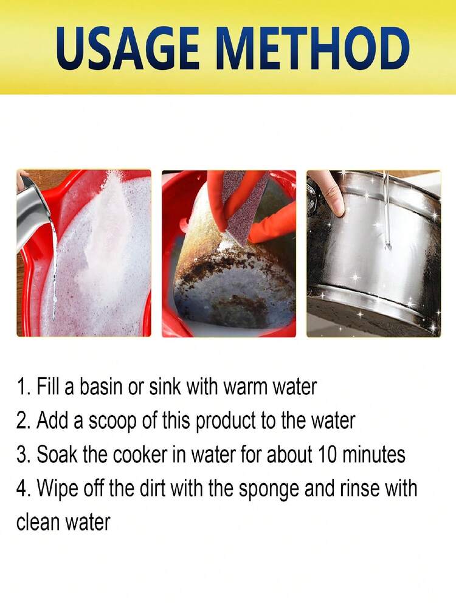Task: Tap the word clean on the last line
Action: [x=37, y=521]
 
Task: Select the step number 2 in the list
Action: [x=21, y=420]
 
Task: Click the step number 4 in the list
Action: [x=21, y=488]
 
